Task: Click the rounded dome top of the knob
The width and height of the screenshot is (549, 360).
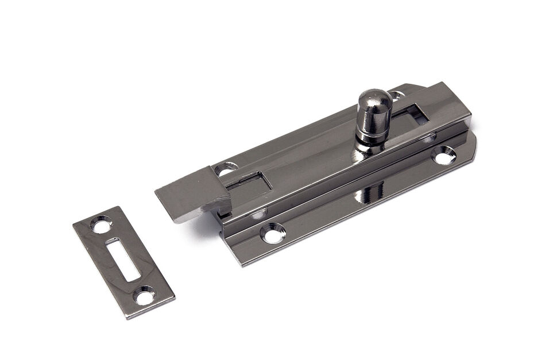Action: pos(374,100)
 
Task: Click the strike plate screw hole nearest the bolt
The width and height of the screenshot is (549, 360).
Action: pos(102,224)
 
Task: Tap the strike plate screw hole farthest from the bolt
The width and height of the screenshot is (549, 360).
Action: pos(144,296)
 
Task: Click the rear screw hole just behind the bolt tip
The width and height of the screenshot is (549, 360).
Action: pos(226,169)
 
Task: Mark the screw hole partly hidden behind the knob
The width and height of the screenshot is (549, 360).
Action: pos(396,95)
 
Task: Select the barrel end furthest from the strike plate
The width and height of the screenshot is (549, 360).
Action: pos(459,103)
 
